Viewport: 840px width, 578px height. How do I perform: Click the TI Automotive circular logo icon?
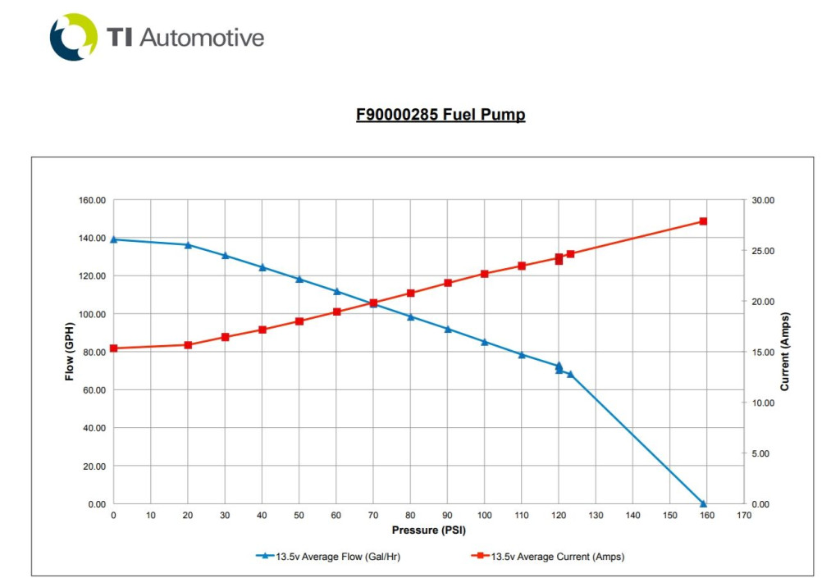(74, 37)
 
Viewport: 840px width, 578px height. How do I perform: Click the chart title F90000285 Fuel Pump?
(441, 114)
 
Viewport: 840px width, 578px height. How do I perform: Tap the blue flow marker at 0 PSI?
(114, 239)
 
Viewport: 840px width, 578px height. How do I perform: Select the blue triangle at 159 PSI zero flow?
(703, 503)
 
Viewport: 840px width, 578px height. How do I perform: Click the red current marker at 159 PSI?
(703, 221)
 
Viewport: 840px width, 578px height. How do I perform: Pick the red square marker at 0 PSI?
(114, 348)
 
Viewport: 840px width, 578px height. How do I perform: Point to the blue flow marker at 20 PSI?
(188, 244)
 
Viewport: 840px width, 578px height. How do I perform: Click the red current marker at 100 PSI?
(485, 274)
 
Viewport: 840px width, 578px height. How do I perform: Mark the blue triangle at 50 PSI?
(299, 279)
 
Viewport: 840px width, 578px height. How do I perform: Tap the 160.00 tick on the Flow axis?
(91, 200)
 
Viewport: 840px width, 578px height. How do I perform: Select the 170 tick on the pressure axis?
(744, 515)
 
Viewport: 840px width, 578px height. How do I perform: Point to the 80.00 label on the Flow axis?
(91, 352)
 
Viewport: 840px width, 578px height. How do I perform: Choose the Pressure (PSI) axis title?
(428, 530)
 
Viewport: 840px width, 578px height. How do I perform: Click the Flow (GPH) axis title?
(70, 351)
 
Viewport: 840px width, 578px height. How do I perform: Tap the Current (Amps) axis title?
(785, 351)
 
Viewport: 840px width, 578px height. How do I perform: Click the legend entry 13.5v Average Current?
(557, 557)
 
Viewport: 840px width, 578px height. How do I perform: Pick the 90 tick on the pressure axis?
(448, 515)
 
